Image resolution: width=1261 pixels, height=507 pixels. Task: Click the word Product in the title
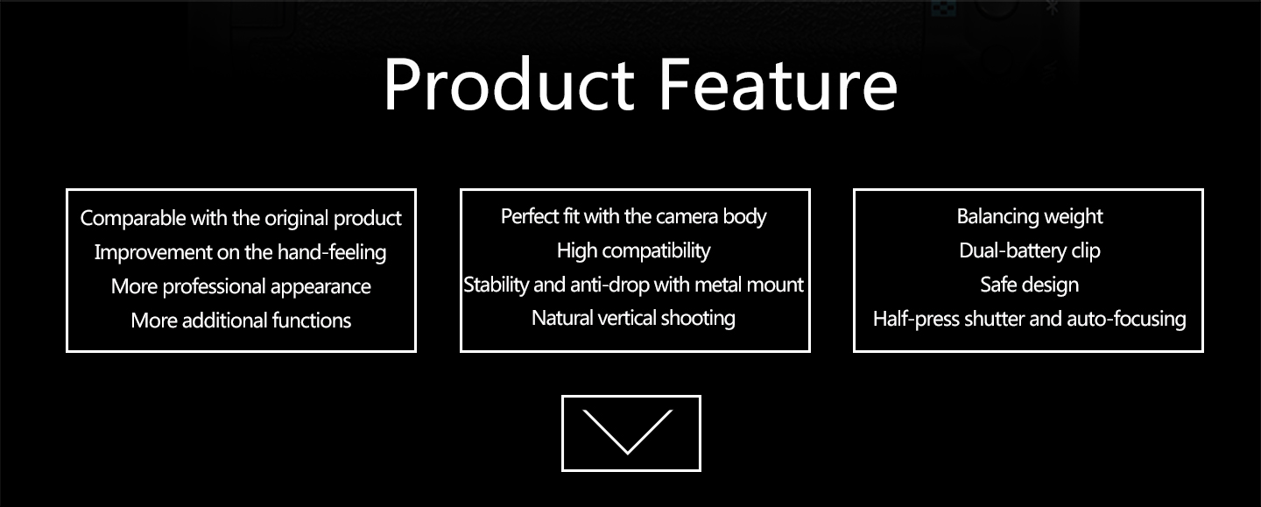click(510, 84)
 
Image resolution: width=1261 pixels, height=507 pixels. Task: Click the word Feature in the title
click(778, 84)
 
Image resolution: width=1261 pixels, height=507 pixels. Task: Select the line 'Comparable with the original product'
click(241, 218)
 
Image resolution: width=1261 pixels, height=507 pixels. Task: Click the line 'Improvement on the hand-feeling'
click(240, 252)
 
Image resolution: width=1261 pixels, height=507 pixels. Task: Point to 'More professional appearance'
click(241, 286)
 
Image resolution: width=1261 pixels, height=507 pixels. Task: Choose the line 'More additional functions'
click(241, 320)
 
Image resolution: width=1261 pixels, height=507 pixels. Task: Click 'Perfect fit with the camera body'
click(634, 216)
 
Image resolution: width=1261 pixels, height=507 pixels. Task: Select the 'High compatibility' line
click(634, 251)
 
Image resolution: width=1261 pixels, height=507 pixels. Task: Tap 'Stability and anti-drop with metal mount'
click(634, 285)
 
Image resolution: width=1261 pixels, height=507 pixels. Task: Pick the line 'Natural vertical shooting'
click(634, 319)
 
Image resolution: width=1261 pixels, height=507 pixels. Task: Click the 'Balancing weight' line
click(1030, 216)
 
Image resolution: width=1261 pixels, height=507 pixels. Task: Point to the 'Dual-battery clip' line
click(1030, 251)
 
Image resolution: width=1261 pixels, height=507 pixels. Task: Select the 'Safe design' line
click(1030, 285)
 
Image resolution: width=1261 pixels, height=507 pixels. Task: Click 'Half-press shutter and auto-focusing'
click(1030, 319)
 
